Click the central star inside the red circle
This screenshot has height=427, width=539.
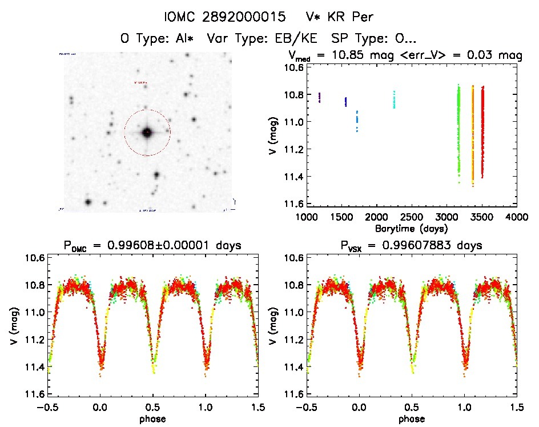pos(147,133)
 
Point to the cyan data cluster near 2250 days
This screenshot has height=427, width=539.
pos(394,99)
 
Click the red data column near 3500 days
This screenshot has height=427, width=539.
pos(482,131)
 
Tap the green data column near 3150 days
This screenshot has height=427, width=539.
pos(458,131)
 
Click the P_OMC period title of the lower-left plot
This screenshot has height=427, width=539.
pos(153,246)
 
